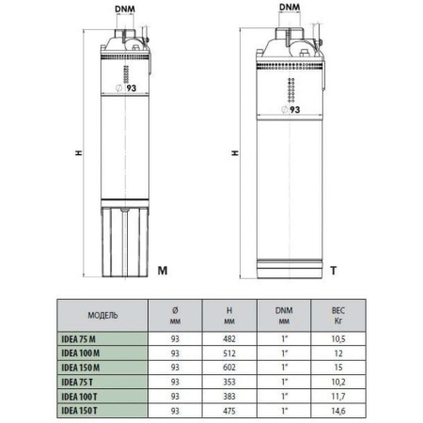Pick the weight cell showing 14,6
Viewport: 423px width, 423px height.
337,409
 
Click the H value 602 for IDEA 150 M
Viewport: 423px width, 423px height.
230,367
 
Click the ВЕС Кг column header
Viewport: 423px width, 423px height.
337,315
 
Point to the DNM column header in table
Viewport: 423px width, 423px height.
284,315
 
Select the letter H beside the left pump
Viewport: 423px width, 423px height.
63,152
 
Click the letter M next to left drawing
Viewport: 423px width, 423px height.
162,271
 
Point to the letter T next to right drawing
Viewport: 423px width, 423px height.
333,271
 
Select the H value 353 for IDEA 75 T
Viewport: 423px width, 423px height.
230,381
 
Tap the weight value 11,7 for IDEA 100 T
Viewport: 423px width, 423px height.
337,395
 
